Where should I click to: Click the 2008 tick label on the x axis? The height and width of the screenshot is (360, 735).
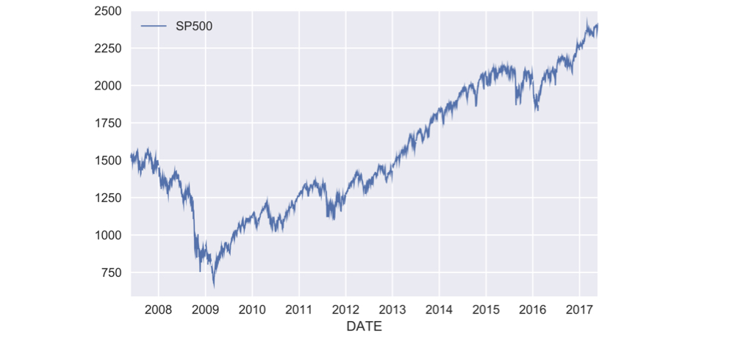158,309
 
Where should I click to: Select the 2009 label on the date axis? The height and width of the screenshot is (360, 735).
205,309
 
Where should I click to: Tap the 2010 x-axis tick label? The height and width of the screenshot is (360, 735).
252,309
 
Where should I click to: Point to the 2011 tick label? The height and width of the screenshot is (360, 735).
298,309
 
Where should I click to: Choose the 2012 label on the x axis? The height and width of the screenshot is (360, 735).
345,309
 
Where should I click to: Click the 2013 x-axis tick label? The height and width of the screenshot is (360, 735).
392,309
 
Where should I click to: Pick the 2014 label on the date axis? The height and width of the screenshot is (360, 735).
439,309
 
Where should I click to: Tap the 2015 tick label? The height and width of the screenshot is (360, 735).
486,309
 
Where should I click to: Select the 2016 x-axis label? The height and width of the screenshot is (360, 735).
532,309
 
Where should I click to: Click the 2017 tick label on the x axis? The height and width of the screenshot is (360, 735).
579,309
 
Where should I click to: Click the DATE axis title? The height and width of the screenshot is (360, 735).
364,327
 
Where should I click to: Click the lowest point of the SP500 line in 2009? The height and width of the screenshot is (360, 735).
214,287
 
